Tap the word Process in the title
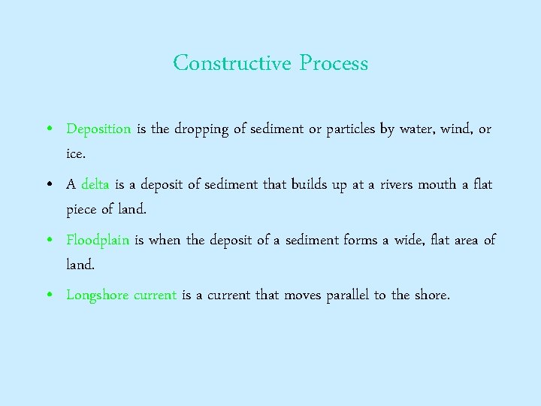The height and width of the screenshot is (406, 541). click(334, 63)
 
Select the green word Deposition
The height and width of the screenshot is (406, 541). click(98, 129)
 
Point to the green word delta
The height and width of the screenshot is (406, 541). click(95, 185)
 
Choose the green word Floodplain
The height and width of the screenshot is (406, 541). click(98, 241)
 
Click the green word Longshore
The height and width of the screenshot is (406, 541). click(98, 295)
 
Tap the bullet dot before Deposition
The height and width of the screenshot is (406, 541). click(49, 129)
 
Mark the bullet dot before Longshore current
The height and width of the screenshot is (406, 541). click(49, 295)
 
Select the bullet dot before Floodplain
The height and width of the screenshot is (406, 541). click(49, 241)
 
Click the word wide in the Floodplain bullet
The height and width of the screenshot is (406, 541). click(410, 241)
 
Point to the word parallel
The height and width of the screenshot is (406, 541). click(348, 295)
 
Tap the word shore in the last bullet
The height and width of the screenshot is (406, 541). click(431, 295)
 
